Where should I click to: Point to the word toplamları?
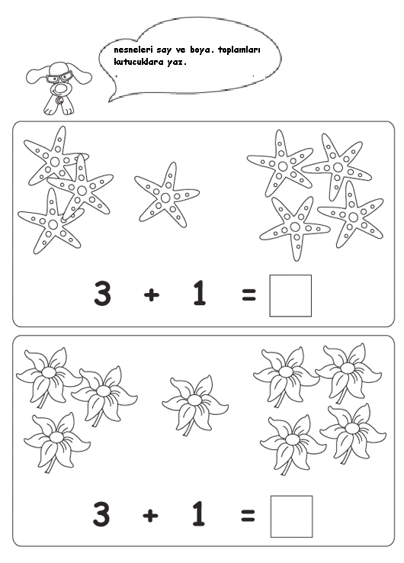tap(239, 50)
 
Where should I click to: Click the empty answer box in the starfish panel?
tap(290, 295)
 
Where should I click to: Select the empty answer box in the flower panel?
tap(291, 516)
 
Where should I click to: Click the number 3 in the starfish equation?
tap(102, 294)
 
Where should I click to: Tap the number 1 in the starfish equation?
tap(199, 293)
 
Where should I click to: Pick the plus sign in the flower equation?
tap(150, 516)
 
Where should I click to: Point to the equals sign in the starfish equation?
tap(249, 294)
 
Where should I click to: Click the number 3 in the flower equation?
tap(101, 514)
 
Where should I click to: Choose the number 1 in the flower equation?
tap(198, 514)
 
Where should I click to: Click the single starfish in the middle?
tap(166, 196)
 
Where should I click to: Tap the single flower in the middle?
tap(194, 404)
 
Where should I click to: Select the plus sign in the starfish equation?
tap(152, 295)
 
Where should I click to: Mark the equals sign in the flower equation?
tap(248, 515)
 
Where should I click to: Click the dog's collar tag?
tap(59, 100)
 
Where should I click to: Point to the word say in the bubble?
tap(165, 50)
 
